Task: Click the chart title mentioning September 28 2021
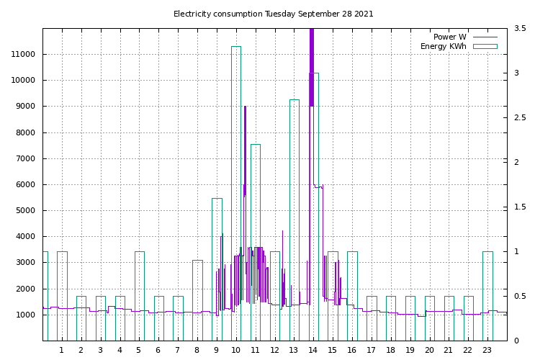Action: (x=274, y=14)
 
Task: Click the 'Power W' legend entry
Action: (x=449, y=37)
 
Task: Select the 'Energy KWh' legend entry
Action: (x=443, y=47)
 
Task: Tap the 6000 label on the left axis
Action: (x=27, y=185)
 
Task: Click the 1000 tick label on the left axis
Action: (x=27, y=315)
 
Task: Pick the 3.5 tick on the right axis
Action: (x=520, y=29)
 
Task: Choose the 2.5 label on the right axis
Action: (x=520, y=118)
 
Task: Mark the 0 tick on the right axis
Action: (x=516, y=341)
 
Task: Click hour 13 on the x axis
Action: (x=293, y=351)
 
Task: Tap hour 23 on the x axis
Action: (x=487, y=351)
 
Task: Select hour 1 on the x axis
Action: (x=61, y=351)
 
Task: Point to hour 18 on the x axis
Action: (x=390, y=351)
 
